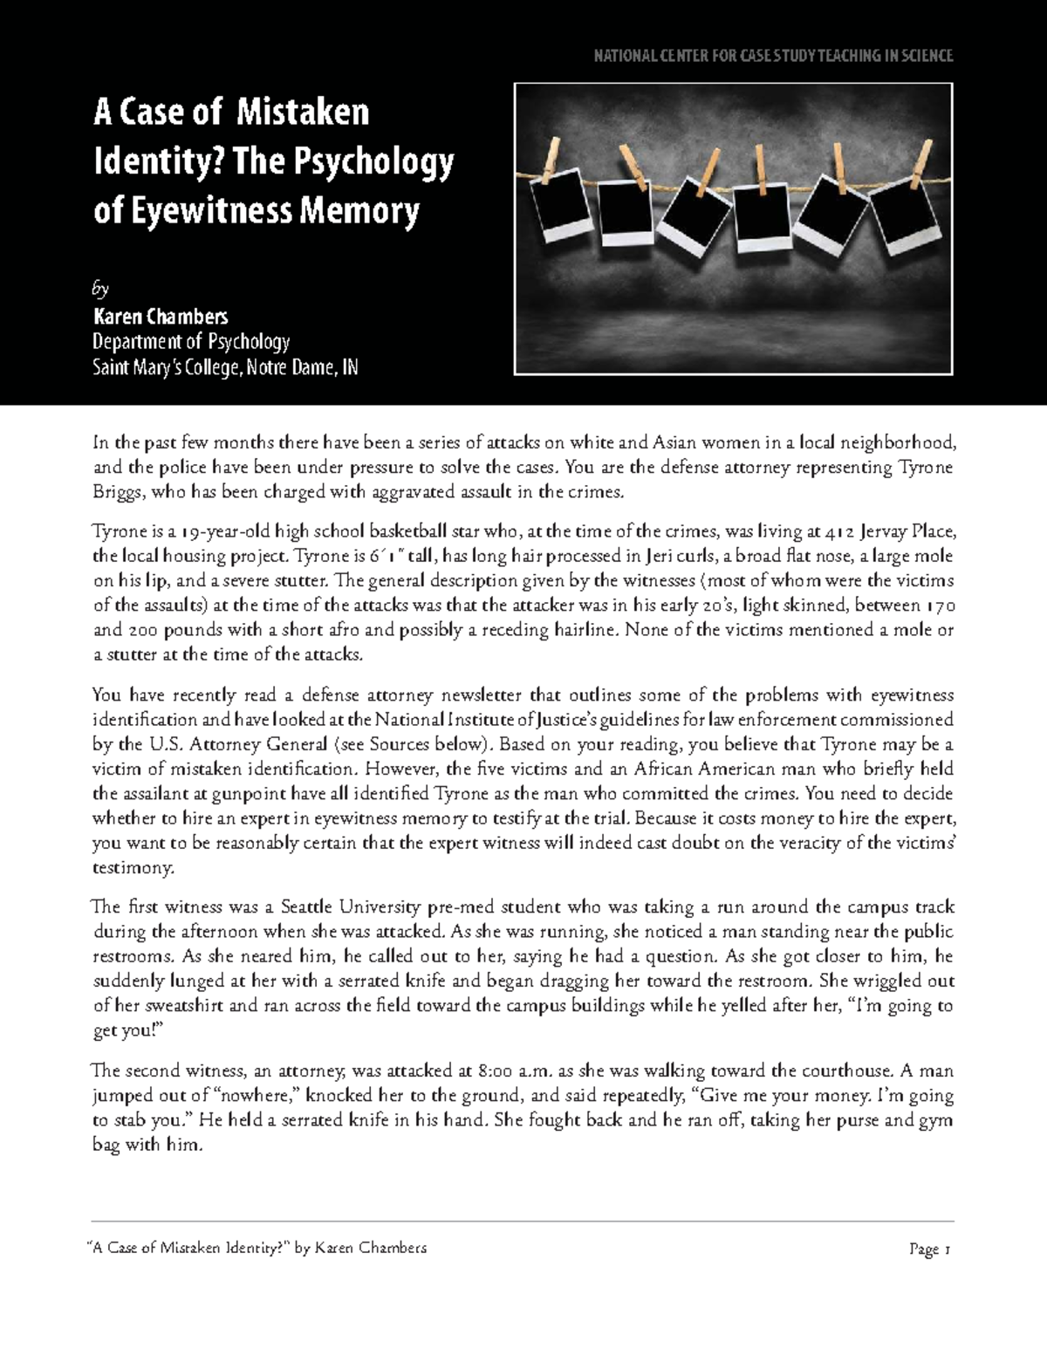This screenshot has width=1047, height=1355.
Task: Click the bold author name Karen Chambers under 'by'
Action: pyautogui.click(x=161, y=316)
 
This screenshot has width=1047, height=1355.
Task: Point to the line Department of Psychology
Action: pyautogui.click(x=191, y=341)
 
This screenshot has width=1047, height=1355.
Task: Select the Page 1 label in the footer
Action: pyautogui.click(x=929, y=1249)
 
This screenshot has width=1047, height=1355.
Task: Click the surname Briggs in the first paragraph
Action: pyautogui.click(x=118, y=492)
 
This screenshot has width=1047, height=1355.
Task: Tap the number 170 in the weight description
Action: pyautogui.click(x=938, y=606)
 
